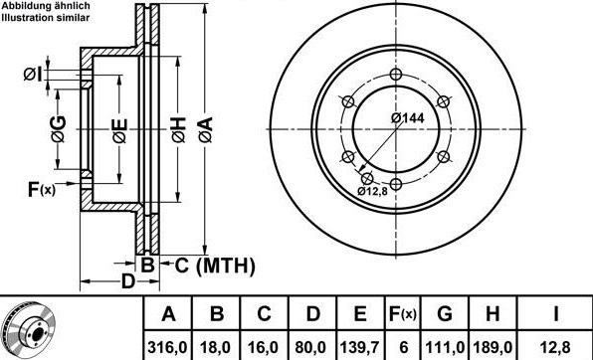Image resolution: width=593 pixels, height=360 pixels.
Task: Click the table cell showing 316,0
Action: pyautogui.click(x=167, y=347)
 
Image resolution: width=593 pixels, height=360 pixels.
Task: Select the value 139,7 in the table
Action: pyautogui.click(x=359, y=347)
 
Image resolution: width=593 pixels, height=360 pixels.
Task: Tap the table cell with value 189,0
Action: pyautogui.click(x=493, y=347)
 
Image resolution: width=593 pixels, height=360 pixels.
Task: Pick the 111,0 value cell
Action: pyautogui.click(x=445, y=347)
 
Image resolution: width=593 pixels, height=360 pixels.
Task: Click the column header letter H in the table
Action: pyautogui.click(x=493, y=314)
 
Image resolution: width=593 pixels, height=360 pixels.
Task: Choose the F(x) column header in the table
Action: pyautogui.click(x=402, y=314)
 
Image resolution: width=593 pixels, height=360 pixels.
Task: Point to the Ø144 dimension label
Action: pyautogui.click(x=408, y=118)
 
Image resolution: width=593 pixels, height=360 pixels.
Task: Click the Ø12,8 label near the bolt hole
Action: pyautogui.click(x=372, y=191)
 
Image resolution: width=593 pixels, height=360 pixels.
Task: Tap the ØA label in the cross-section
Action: pyautogui.click(x=206, y=129)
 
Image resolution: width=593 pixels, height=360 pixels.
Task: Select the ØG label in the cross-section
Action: pyautogui.click(x=59, y=129)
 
